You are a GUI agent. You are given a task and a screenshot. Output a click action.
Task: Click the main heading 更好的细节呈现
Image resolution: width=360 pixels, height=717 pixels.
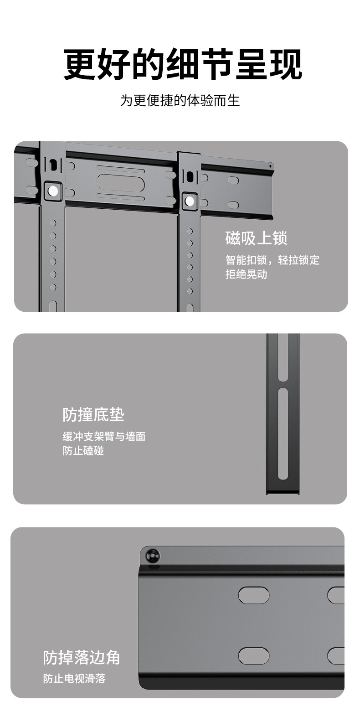182,65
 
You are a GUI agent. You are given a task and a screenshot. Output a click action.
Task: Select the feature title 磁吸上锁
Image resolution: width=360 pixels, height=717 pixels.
256,238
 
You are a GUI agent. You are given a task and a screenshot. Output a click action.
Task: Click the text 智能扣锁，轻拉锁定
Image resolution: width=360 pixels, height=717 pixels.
273,260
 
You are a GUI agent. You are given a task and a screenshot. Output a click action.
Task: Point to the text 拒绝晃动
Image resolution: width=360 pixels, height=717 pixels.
246,274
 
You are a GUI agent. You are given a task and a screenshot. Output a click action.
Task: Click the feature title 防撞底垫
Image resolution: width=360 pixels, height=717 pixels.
93,415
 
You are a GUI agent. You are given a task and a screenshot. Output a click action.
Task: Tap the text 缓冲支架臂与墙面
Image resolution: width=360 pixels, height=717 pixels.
104,437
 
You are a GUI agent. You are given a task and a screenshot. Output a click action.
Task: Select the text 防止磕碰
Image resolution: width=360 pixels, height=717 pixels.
83,451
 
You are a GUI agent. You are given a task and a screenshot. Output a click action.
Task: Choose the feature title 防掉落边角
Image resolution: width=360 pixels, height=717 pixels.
82,657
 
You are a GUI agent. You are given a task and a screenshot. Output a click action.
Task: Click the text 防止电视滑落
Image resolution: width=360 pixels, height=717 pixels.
74,679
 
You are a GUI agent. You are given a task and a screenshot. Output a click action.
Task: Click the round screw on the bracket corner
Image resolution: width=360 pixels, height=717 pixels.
152,556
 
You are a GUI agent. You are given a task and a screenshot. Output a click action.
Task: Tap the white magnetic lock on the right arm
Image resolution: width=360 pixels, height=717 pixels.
190,201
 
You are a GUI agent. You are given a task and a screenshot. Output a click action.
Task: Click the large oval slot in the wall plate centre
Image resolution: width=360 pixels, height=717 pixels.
121,184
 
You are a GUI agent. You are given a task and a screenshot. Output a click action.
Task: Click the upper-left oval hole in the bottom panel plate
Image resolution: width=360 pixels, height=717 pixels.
254,595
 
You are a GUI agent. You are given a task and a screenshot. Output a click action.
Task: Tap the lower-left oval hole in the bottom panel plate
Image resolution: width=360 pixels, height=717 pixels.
254,655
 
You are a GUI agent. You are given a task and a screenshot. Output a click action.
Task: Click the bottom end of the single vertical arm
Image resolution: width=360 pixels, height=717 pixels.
283,491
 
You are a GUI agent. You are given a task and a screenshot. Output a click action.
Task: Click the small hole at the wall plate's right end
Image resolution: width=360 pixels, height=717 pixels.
270,165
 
